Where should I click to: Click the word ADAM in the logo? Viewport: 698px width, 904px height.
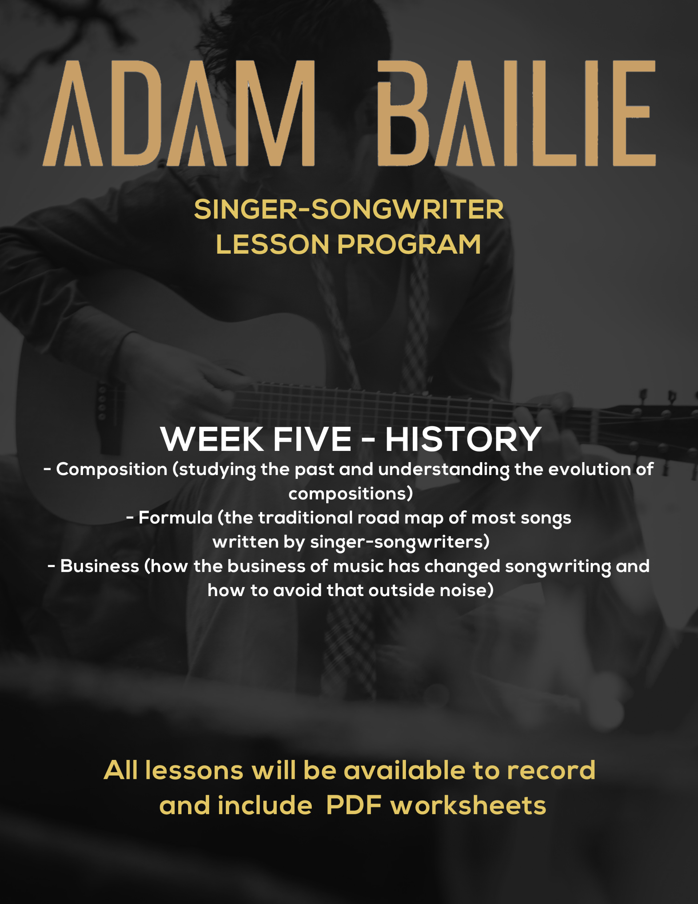click(179, 114)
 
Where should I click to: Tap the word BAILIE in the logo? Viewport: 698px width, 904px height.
click(517, 114)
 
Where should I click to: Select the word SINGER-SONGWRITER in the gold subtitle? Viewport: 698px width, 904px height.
click(349, 210)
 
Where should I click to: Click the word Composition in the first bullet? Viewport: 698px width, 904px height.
click(112, 470)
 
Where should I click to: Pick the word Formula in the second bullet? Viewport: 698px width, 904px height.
click(175, 518)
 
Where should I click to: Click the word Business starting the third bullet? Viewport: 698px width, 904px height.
click(100, 566)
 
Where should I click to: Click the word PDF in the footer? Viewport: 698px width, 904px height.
click(354, 805)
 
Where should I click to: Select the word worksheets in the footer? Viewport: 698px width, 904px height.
click(468, 805)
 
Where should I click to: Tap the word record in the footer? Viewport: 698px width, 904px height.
click(551, 770)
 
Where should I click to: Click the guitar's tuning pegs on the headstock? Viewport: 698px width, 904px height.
click(658, 418)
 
